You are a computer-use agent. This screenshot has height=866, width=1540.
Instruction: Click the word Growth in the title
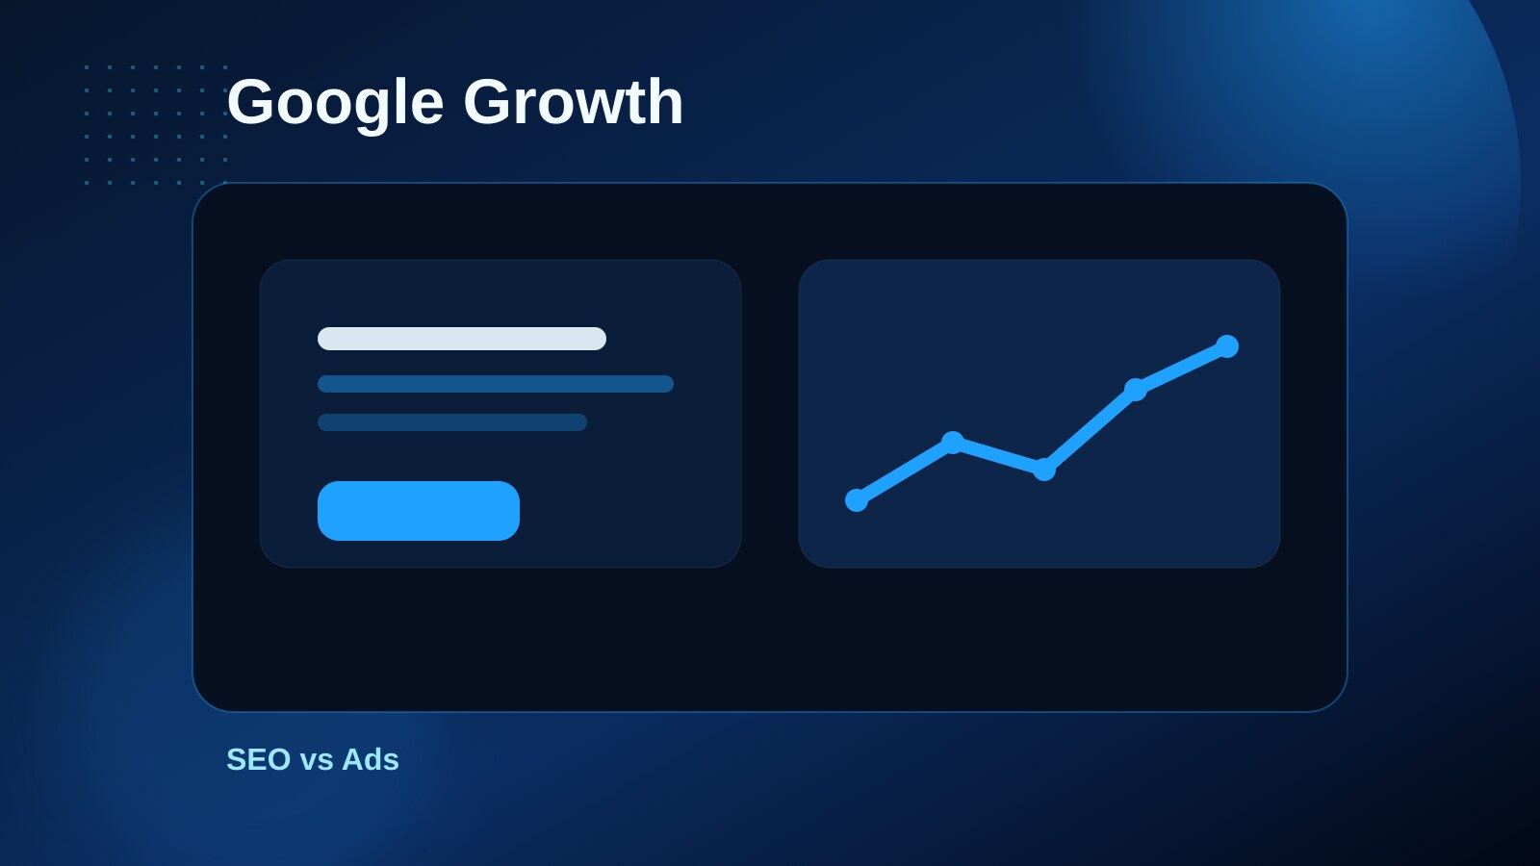tap(574, 102)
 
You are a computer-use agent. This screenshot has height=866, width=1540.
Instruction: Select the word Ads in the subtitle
tap(371, 759)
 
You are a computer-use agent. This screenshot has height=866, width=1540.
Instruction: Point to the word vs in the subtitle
tap(317, 762)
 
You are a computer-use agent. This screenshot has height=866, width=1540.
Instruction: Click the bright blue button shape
tap(418, 511)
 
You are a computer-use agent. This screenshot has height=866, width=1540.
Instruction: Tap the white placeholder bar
tap(462, 339)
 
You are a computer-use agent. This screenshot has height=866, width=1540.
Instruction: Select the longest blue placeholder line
tap(496, 384)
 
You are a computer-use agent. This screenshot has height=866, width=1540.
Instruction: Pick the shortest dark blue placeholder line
tap(452, 422)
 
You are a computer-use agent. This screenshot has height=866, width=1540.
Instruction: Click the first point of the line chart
tap(856, 500)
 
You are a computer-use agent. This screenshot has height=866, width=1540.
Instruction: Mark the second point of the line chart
tap(952, 443)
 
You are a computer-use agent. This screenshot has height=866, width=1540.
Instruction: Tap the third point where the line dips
tap(1043, 470)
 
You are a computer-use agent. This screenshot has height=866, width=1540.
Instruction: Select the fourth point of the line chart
tap(1135, 390)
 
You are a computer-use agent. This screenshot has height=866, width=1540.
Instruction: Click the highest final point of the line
tap(1227, 346)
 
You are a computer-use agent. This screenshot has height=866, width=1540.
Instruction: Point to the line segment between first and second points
tap(904, 471)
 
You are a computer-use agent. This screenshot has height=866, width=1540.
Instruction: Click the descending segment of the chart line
tap(998, 456)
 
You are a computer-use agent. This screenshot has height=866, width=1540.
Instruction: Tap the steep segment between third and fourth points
tap(1090, 429)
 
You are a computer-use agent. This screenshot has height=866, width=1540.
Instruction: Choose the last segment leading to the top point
tap(1181, 368)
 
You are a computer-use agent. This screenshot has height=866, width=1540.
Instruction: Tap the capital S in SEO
tap(237, 759)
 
